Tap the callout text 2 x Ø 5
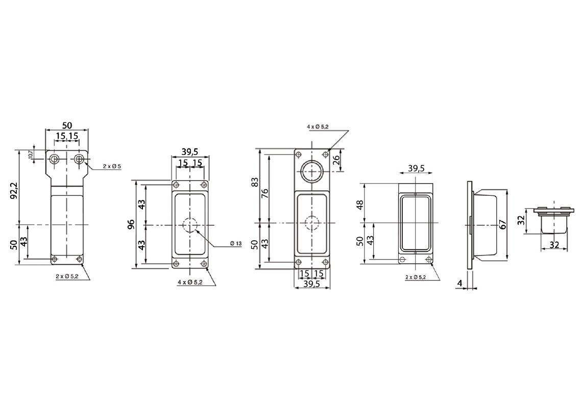112,166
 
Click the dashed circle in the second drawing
190,224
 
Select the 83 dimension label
255,182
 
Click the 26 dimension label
336,160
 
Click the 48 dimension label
360,204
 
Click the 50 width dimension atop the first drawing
67,125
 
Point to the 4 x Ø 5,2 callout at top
318,126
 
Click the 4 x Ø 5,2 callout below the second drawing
190,282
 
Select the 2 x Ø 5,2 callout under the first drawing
67,276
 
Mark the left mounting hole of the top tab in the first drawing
55,160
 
